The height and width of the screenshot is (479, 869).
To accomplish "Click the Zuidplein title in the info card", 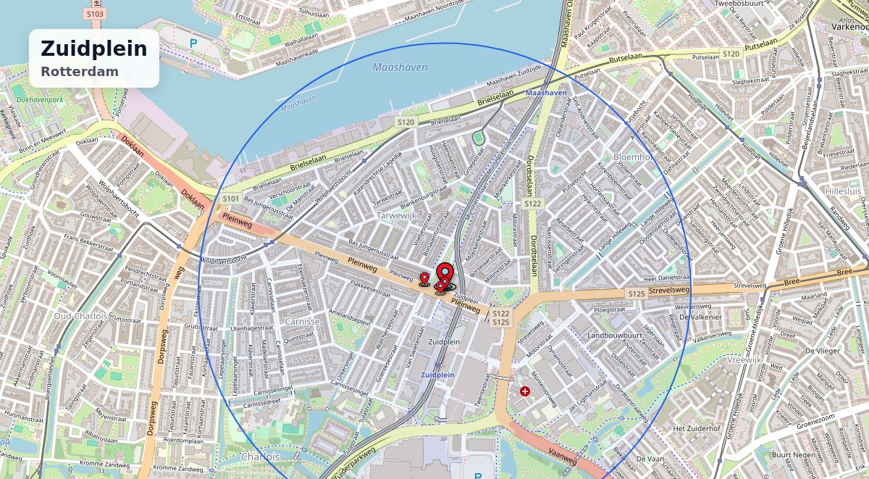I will tap(93, 49).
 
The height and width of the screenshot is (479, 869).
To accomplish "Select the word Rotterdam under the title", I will tap(80, 72).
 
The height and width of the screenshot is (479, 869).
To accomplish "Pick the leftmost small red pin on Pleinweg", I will tap(424, 278).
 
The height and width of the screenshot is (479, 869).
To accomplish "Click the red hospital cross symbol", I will tap(524, 391).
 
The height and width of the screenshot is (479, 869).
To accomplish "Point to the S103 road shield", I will tap(95, 14).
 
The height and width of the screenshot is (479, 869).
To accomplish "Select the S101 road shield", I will tap(231, 198).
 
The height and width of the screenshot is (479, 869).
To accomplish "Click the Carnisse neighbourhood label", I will tap(302, 321).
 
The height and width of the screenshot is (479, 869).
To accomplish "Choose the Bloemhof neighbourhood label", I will tap(634, 157).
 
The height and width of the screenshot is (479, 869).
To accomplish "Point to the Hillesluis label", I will tap(844, 191).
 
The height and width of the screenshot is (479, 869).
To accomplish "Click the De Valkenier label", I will tap(700, 317).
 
